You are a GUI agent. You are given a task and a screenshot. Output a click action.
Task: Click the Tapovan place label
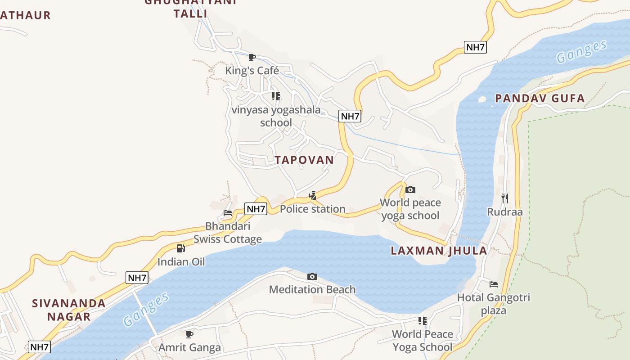[x=304, y=160]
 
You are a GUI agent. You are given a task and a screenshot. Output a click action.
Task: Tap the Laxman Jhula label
[x=439, y=251]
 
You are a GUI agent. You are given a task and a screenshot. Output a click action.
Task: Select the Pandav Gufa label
[x=540, y=98]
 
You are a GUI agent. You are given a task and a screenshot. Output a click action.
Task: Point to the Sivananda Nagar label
[x=69, y=310]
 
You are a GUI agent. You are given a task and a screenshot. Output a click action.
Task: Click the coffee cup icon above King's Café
[x=252, y=57]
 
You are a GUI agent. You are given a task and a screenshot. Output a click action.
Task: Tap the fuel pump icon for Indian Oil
[x=180, y=248]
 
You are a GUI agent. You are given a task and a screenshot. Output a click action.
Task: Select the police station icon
[x=312, y=195]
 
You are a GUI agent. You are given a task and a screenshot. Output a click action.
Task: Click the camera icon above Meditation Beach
[x=312, y=276]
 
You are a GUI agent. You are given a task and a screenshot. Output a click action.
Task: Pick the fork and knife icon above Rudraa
[x=505, y=198]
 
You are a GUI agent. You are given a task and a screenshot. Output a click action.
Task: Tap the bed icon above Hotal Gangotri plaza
[x=494, y=284]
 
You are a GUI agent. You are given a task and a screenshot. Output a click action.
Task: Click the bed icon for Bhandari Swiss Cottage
[x=228, y=213]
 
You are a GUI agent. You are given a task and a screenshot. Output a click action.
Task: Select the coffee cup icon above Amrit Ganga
[x=189, y=334]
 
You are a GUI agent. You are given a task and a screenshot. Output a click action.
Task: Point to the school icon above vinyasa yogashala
[x=276, y=96]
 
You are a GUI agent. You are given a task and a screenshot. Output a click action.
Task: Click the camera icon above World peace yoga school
[x=410, y=189]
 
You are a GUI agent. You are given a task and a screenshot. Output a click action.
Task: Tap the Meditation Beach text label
[x=312, y=289]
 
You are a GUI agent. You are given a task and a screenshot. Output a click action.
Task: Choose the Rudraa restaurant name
[x=505, y=211]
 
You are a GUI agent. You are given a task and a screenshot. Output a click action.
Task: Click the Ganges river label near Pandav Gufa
[x=581, y=52]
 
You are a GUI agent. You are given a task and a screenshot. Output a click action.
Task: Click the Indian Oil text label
[x=181, y=261]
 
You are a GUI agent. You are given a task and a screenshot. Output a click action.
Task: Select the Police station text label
[x=312, y=209]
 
